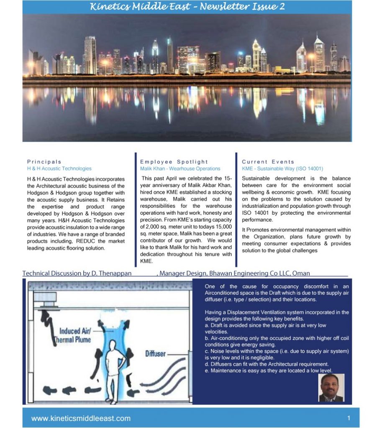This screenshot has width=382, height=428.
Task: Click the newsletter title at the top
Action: pyautogui.click(x=187, y=7)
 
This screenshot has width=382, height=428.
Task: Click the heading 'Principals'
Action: pyautogui.click(x=44, y=162)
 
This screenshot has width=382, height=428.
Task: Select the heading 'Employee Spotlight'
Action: pyautogui.click(x=174, y=162)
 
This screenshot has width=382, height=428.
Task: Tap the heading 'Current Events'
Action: pyautogui.click(x=268, y=162)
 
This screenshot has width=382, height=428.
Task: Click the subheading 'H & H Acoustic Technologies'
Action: pyautogui.click(x=59, y=169)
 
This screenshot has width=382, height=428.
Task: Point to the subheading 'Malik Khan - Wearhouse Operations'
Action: pyautogui.click(x=180, y=169)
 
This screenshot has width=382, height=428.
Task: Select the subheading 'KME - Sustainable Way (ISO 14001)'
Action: pyautogui.click(x=282, y=169)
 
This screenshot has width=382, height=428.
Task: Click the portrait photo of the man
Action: pyautogui.click(x=331, y=387)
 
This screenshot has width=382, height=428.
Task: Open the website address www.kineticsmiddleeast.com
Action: pyautogui.click(x=81, y=418)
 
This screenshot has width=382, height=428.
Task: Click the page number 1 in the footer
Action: pyautogui.click(x=349, y=418)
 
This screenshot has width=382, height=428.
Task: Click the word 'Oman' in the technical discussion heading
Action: pyautogui.click(x=301, y=273)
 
